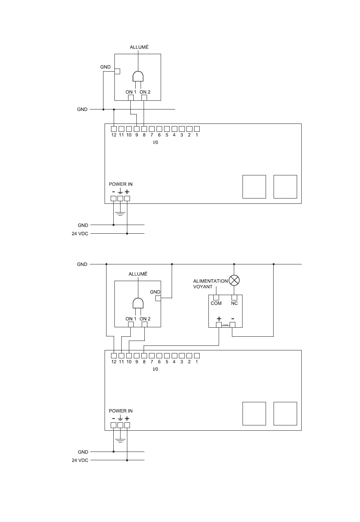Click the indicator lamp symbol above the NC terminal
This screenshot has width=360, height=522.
[234, 280]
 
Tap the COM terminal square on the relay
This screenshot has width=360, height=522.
[216, 298]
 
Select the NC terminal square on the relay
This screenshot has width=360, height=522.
[234, 298]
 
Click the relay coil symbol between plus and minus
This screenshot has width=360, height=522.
[225, 325]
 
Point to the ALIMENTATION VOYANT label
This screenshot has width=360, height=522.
[210, 284]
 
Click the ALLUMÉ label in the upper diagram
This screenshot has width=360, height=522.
[139, 47]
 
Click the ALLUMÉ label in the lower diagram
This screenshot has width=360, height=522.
[138, 274]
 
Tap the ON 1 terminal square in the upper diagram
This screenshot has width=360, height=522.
[131, 98]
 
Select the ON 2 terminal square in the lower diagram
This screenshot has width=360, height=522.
[144, 324]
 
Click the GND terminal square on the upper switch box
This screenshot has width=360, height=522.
[117, 71]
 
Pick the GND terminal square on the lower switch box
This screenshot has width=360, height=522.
[158, 298]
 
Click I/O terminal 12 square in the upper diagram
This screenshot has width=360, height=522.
[114, 129]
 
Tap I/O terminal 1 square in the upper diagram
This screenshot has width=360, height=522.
[197, 129]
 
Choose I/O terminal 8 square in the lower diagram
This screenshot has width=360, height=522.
[144, 356]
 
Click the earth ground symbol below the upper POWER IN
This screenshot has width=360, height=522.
[120, 213]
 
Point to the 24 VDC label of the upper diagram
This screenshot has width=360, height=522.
[80, 233]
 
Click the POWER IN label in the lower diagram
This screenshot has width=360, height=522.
[121, 411]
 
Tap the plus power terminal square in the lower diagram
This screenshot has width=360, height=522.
[127, 425]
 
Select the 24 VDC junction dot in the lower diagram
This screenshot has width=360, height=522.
[127, 460]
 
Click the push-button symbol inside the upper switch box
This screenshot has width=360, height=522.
[138, 79]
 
